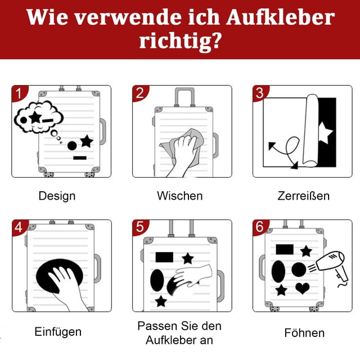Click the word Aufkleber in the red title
pos(280,17)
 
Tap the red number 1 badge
pos(19,93)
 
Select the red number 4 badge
pos(19,227)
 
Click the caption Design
pos(57,196)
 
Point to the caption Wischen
pos(180,196)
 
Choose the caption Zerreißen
pos(304,196)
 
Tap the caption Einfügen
pos(58,332)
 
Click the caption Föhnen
pos(304,332)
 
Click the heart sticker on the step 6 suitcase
pos(303,288)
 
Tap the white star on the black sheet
pos(325,133)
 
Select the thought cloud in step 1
pos(39,117)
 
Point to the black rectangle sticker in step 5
pos(164,257)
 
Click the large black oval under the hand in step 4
pos(59,273)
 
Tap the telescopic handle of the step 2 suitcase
pos(184,96)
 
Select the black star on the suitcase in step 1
pos(87,141)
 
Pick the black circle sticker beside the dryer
pos(299,269)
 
